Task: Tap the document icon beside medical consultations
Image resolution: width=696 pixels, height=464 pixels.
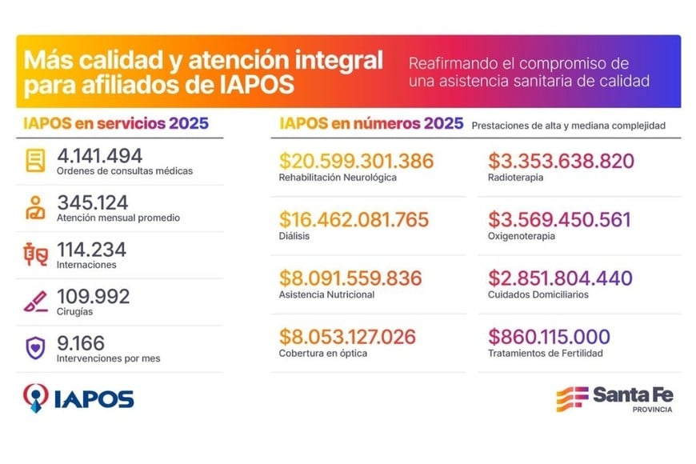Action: tap(35, 162)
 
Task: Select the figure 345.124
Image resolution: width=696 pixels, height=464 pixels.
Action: tap(93, 203)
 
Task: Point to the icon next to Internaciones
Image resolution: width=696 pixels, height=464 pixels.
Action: tap(35, 255)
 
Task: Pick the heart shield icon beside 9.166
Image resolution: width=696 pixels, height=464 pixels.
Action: tap(35, 349)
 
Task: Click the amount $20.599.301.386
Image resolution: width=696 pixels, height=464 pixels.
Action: tap(356, 161)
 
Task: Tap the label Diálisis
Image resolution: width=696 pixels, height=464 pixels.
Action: tap(294, 236)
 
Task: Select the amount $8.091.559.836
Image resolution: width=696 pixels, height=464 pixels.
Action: tap(350, 278)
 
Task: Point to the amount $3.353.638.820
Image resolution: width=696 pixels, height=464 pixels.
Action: tap(561, 161)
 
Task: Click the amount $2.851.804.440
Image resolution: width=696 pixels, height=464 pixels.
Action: tap(560, 278)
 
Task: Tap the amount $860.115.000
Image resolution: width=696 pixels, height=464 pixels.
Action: tap(549, 337)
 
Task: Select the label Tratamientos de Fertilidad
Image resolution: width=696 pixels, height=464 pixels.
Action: tap(545, 353)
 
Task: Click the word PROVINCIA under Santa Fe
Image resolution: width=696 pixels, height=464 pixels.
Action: tap(652, 410)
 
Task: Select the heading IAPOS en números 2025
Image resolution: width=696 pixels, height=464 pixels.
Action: tap(371, 124)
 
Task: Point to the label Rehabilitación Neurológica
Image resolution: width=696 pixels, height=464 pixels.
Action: tap(338, 177)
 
